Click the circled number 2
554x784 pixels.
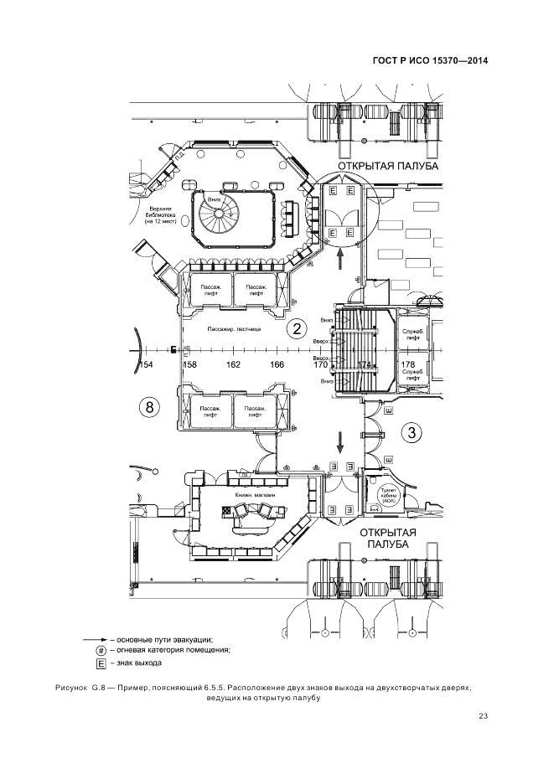(x=295, y=328)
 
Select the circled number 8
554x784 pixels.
(x=149, y=408)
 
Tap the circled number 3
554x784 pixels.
(x=412, y=433)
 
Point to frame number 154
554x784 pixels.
(x=147, y=365)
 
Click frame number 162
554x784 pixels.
(x=232, y=365)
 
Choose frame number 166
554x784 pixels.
(x=277, y=365)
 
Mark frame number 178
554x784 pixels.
(x=408, y=364)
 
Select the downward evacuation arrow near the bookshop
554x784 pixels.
(x=340, y=439)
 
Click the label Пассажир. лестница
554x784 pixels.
(x=236, y=329)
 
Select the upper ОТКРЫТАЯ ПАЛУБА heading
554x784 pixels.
(x=387, y=168)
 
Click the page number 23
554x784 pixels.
(x=483, y=715)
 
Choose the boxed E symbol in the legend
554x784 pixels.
(x=101, y=663)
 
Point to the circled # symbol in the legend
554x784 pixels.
(x=101, y=650)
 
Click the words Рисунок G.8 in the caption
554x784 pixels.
(x=77, y=687)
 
